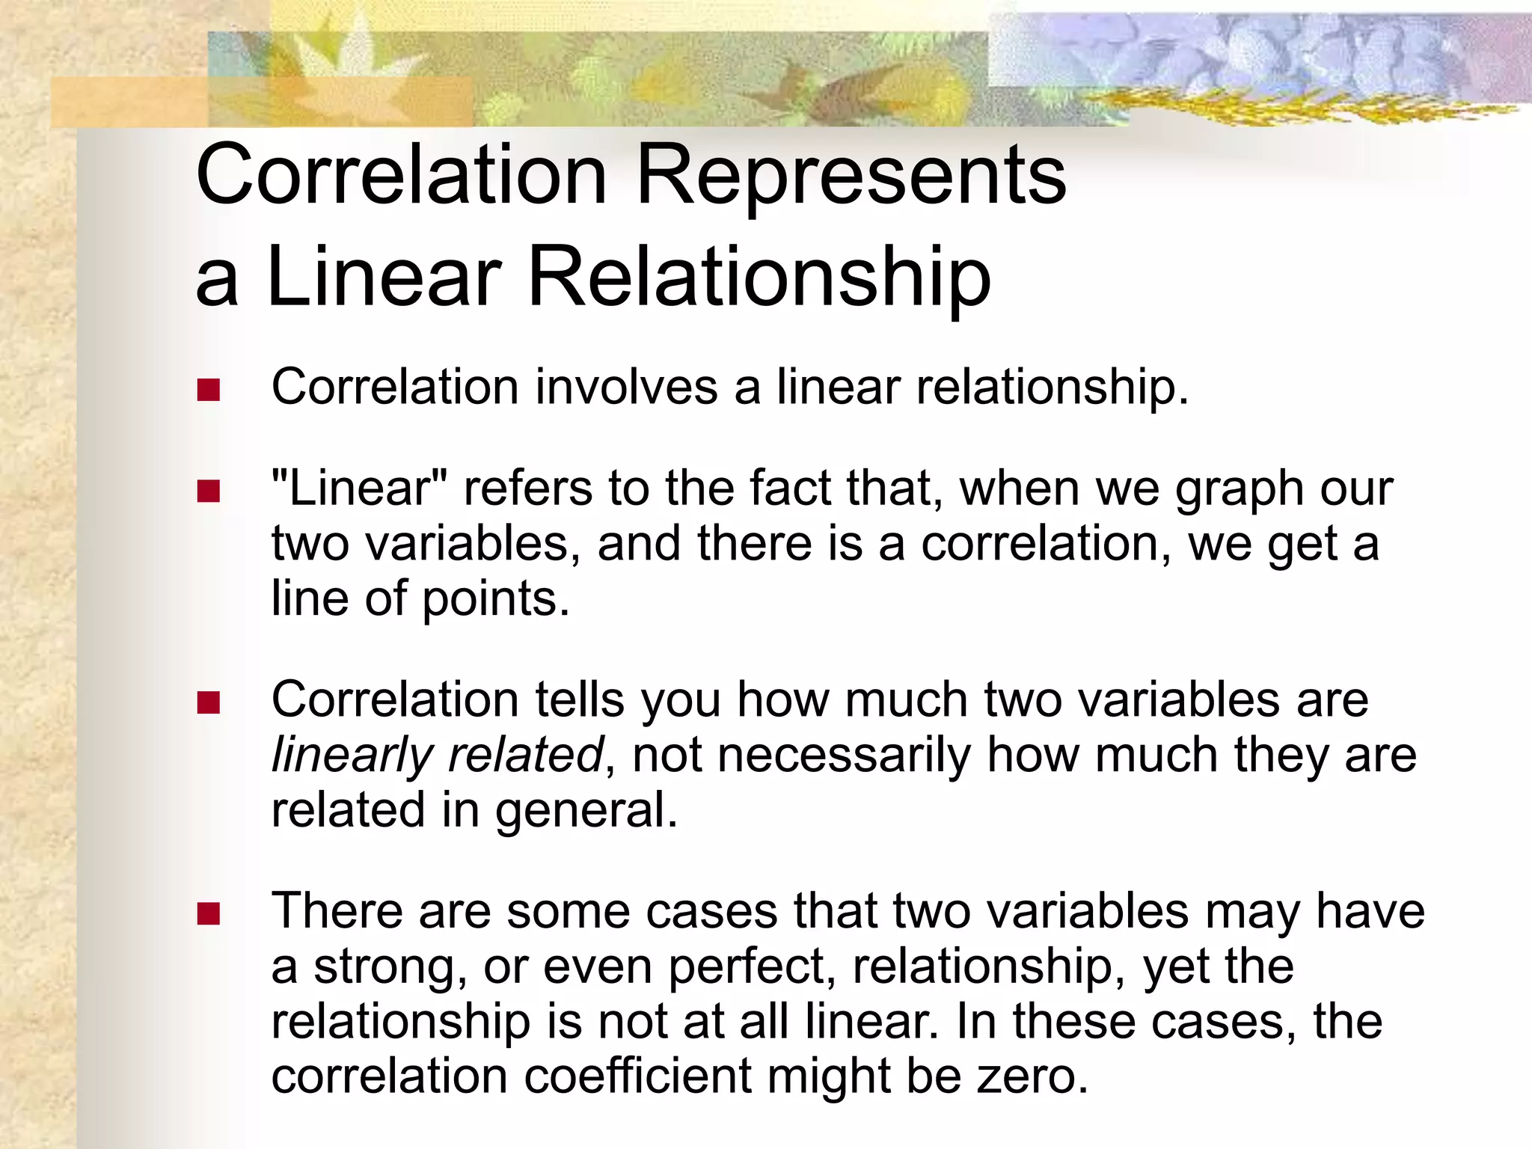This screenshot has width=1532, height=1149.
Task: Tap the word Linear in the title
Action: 383,278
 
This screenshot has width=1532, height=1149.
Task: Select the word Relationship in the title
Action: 759,278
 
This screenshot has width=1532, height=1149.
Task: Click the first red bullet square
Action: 208,390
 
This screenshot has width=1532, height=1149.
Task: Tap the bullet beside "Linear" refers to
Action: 208,491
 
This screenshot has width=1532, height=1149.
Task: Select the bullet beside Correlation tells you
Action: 208,702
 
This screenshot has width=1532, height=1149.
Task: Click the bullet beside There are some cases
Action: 208,913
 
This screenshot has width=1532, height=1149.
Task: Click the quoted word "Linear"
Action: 359,489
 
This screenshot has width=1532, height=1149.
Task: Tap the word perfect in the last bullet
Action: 750,968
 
